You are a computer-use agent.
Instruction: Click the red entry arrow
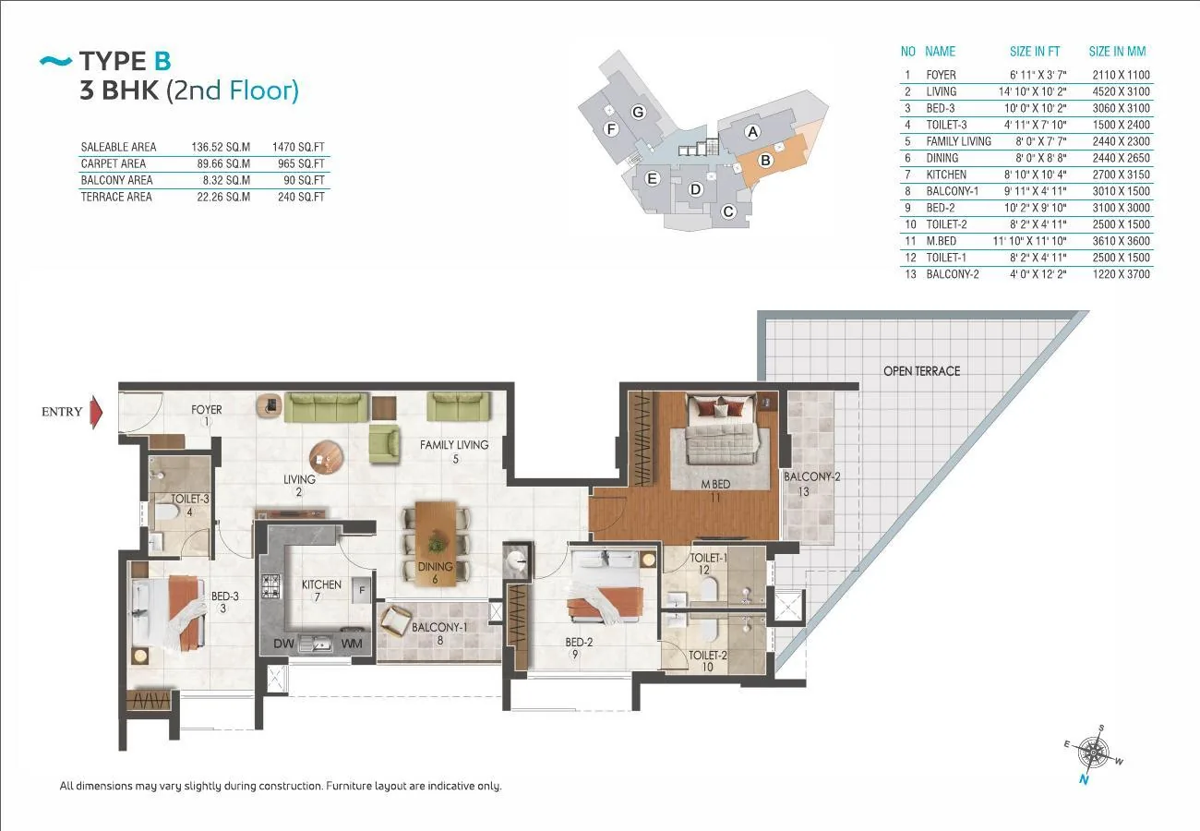tap(96, 412)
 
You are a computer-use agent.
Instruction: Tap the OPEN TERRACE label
tap(921, 371)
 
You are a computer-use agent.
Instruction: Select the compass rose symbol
tap(1093, 753)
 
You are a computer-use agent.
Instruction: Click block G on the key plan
tap(638, 112)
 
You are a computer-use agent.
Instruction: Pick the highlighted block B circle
tap(765, 160)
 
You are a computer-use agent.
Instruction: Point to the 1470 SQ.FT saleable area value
tap(298, 147)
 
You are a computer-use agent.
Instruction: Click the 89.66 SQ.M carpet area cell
tap(223, 163)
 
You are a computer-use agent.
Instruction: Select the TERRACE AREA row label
tap(116, 197)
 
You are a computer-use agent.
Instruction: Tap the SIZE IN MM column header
tap(1117, 52)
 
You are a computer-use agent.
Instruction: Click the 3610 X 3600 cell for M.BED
tap(1121, 241)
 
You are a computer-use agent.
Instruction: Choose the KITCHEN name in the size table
tap(946, 175)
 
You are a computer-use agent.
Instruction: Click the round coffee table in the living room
tap(327, 458)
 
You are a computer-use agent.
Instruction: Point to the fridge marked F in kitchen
tap(362, 590)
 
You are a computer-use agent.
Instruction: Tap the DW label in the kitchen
tap(283, 644)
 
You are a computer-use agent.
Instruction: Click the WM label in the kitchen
tap(352, 644)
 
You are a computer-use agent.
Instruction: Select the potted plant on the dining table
tap(437, 543)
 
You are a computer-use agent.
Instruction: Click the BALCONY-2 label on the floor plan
tap(811, 476)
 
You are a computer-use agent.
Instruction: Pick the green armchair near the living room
tap(384, 443)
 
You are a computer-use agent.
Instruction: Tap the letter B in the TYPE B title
tap(162, 61)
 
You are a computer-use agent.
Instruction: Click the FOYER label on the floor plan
tap(206, 409)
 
